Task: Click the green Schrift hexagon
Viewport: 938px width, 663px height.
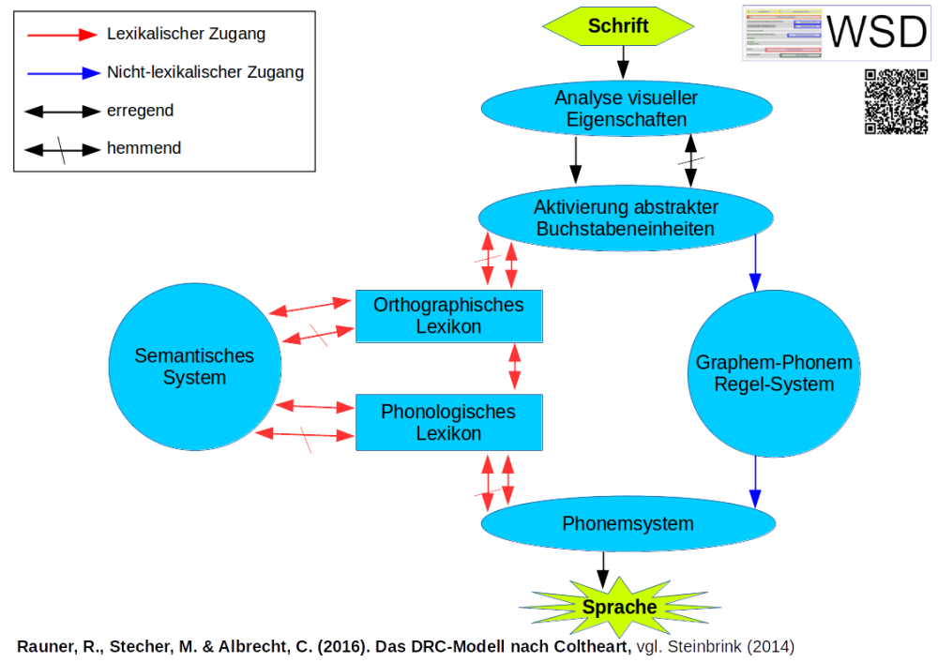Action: click(618, 25)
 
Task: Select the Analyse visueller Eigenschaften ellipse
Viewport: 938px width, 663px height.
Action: click(626, 109)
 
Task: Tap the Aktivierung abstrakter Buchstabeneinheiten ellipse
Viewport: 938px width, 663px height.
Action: click(626, 218)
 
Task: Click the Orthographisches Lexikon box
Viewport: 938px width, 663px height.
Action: click(448, 316)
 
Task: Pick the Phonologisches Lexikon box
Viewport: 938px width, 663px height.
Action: click(448, 423)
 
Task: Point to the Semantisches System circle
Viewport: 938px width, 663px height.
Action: click(194, 366)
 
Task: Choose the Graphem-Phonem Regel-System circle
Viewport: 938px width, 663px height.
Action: click(774, 373)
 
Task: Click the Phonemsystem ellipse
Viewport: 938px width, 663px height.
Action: click(628, 523)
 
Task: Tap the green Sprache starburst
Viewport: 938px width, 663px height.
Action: click(619, 607)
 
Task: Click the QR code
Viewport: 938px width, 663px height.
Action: click(895, 102)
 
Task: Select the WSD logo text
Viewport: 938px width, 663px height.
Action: click(876, 32)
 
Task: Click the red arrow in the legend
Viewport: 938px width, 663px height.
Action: click(61, 35)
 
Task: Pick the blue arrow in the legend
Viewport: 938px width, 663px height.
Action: click(61, 72)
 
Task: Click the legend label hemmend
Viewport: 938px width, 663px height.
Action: click(144, 148)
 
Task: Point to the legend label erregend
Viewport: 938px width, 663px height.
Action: click(140, 111)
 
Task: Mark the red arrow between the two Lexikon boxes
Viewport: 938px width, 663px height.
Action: click(514, 368)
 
